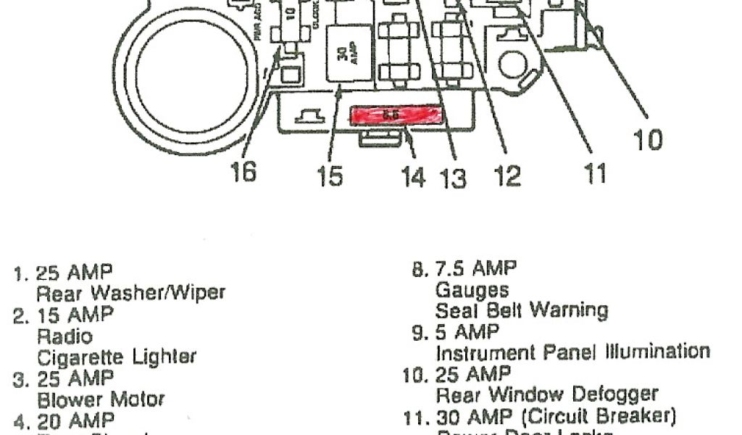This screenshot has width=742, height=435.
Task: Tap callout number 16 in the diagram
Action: (x=244, y=173)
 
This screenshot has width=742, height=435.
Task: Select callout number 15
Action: (x=330, y=176)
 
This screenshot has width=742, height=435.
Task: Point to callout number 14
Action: (x=413, y=176)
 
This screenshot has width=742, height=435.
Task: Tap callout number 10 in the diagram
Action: (x=647, y=140)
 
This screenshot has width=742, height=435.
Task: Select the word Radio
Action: (x=64, y=336)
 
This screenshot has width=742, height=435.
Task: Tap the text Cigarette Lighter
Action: (x=116, y=357)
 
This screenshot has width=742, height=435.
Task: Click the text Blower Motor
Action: (x=101, y=399)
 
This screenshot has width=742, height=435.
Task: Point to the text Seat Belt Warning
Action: (x=521, y=310)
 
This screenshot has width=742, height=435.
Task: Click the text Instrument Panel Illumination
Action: (x=572, y=352)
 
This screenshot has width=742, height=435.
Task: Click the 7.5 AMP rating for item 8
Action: (x=475, y=269)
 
